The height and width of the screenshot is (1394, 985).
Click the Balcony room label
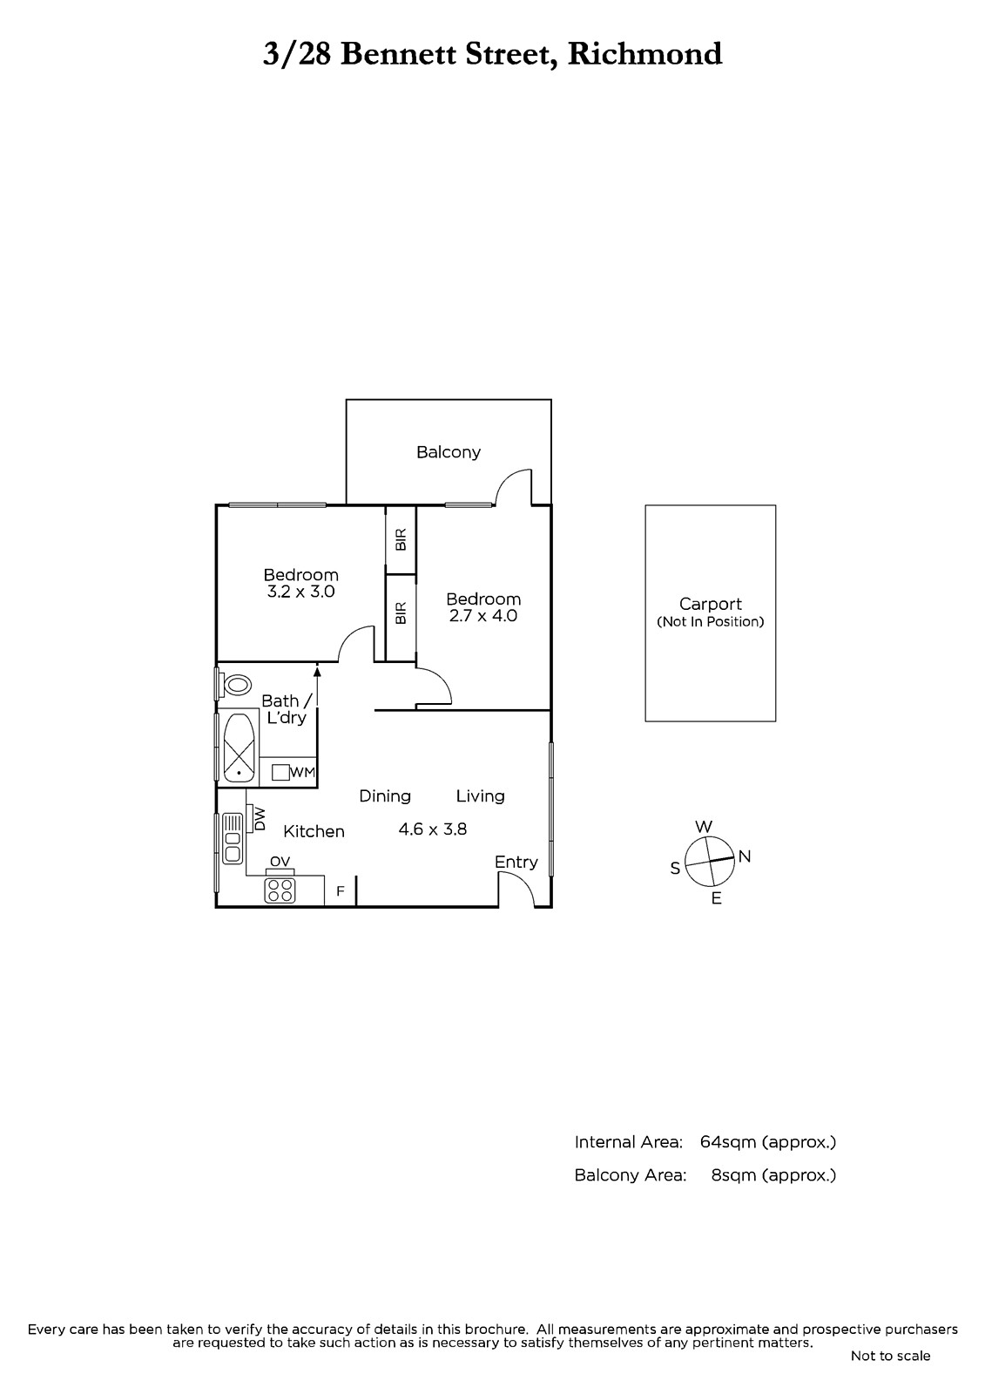tap(448, 452)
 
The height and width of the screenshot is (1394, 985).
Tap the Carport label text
tap(710, 604)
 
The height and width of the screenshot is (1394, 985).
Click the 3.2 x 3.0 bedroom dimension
tap(300, 592)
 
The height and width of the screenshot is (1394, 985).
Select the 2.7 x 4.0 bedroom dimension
tap(482, 615)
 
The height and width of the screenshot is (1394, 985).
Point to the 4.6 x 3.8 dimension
tap(433, 829)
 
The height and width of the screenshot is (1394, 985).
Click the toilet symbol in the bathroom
tap(234, 685)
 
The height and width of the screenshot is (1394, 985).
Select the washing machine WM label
tap(302, 772)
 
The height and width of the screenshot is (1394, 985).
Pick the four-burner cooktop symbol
tap(280, 890)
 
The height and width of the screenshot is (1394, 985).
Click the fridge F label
tap(341, 891)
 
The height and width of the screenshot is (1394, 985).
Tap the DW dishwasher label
tap(260, 819)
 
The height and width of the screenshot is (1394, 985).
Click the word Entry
tap(516, 863)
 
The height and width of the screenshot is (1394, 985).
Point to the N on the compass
tap(745, 856)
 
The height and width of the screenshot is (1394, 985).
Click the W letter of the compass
tap(704, 827)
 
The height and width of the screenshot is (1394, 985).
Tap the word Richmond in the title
tap(644, 54)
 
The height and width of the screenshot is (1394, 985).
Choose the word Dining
tap(385, 796)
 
